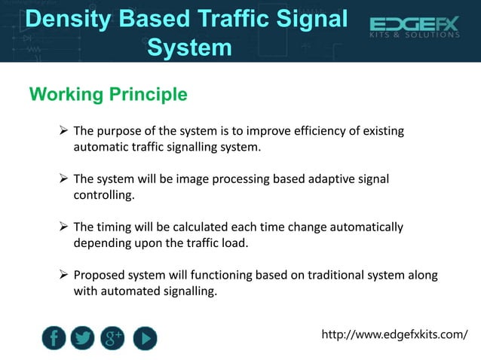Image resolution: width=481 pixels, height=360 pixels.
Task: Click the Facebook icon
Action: (x=54, y=338)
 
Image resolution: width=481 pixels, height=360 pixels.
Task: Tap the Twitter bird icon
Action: (x=83, y=338)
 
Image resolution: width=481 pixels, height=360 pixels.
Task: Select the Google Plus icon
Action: (x=113, y=338)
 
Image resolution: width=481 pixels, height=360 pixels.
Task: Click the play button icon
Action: (x=145, y=338)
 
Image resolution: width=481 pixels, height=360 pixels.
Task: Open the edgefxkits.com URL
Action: (x=394, y=334)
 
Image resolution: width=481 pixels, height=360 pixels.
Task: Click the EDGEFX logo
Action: (x=414, y=29)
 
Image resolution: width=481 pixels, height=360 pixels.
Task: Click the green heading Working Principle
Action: (x=108, y=95)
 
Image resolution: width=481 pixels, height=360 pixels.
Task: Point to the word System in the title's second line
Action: (x=189, y=47)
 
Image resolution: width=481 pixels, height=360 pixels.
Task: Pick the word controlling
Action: (x=105, y=195)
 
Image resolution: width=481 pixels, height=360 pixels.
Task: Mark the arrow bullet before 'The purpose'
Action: (x=64, y=132)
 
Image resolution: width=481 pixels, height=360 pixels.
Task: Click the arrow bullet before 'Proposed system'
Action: (x=64, y=275)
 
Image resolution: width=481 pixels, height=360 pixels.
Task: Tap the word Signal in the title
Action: (x=313, y=20)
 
